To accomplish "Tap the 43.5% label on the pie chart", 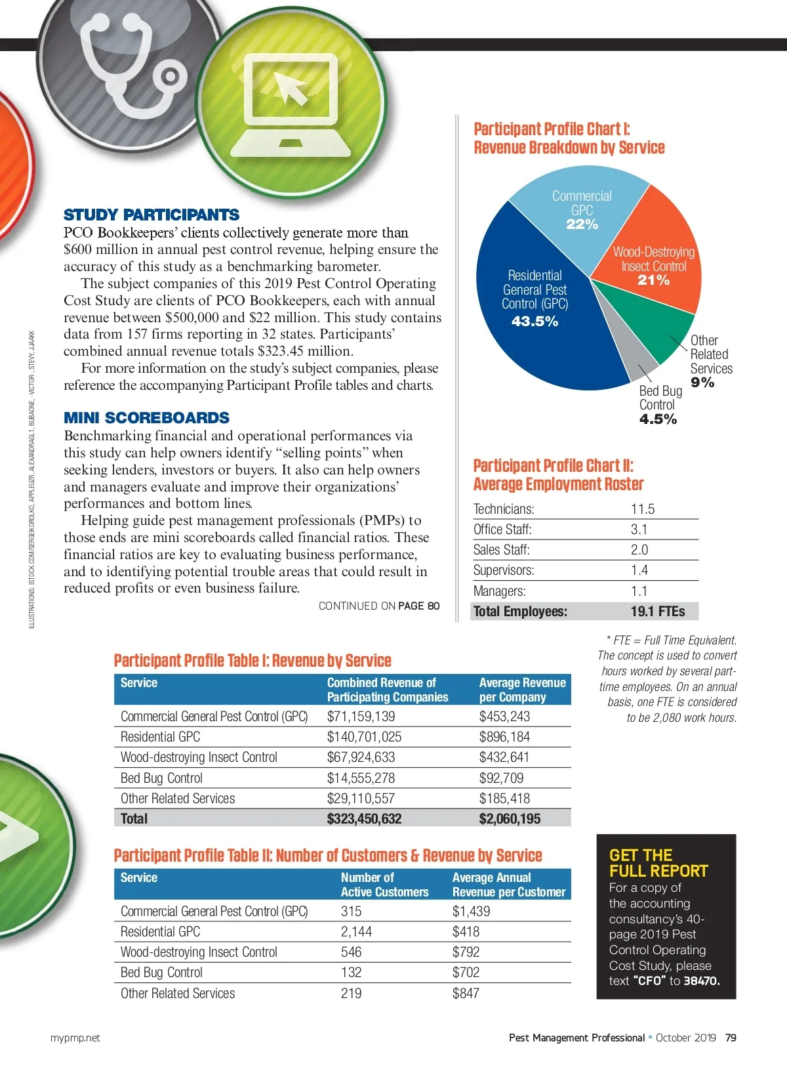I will [x=535, y=322].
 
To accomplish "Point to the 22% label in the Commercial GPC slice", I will [x=582, y=224].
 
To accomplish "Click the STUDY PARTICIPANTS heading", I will [x=151, y=215].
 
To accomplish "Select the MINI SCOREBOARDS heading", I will [x=147, y=418].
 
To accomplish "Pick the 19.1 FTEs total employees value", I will [x=658, y=612].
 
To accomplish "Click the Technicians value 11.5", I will [x=643, y=509].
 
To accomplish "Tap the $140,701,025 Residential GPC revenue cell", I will [x=365, y=737].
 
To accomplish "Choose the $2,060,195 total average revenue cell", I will [x=510, y=819].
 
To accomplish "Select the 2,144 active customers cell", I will [x=356, y=932].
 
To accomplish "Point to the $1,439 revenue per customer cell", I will [x=471, y=911].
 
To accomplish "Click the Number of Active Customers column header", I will [x=384, y=885].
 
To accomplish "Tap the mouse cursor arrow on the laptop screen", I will [x=291, y=88].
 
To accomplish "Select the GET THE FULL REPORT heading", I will [x=658, y=863].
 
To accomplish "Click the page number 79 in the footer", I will [x=731, y=1037].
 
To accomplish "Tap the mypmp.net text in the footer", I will [x=75, y=1037].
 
